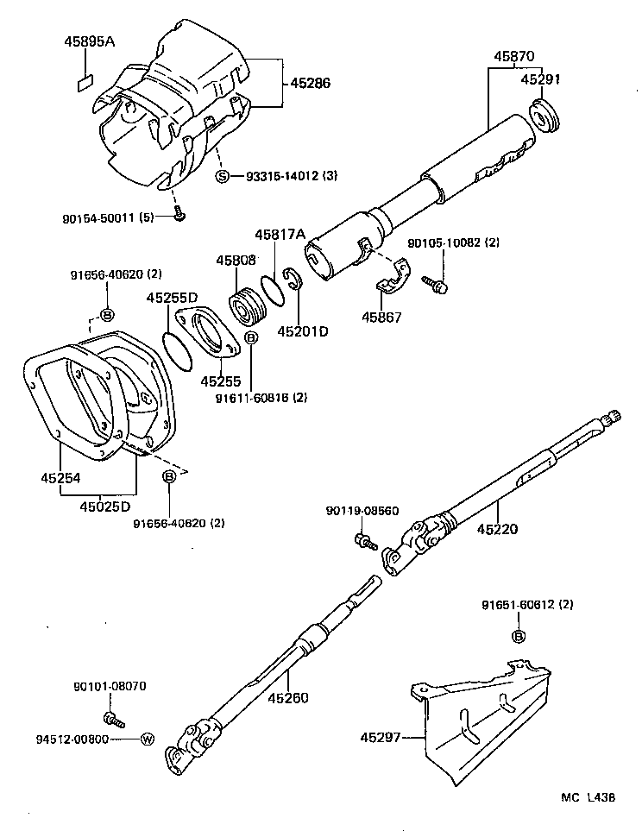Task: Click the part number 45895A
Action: point(88,41)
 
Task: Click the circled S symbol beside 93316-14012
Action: point(223,177)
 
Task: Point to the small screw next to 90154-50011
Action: point(179,215)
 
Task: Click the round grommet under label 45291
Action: point(543,116)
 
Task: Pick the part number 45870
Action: point(514,57)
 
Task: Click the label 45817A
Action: point(280,235)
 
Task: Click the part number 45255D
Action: point(172,298)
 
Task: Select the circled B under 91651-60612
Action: point(519,636)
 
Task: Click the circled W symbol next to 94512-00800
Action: point(147,739)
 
